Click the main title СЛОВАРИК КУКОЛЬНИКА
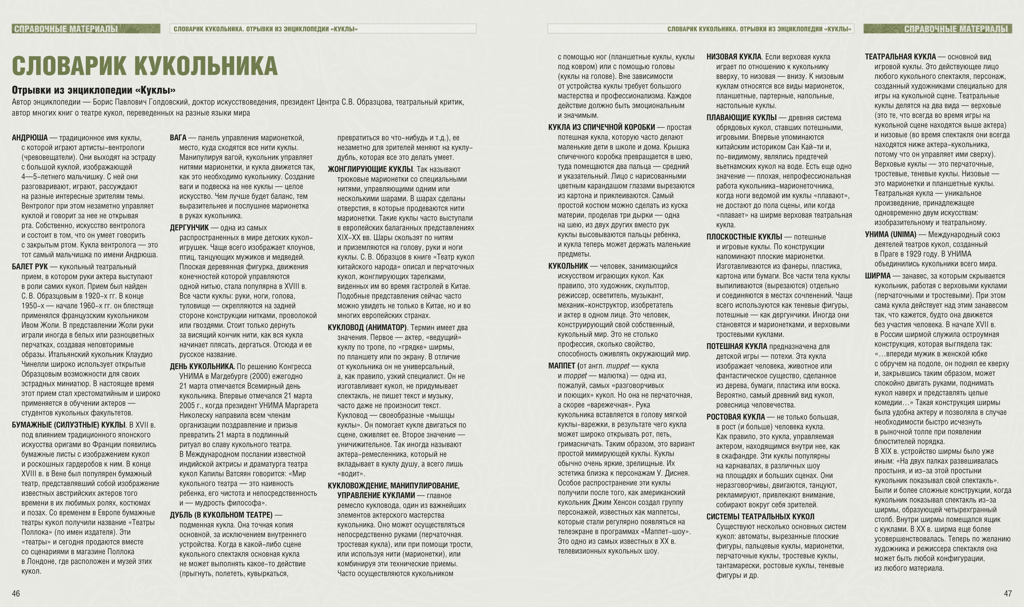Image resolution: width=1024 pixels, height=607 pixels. coord(145,65)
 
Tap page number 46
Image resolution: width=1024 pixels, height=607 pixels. coord(16,593)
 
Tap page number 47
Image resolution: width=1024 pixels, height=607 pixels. coord(1008,593)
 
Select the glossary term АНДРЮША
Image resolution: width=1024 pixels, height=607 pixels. coord(30,138)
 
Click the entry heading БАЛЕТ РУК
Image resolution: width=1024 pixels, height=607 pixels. coord(30,267)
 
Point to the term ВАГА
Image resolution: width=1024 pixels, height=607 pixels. coord(178,138)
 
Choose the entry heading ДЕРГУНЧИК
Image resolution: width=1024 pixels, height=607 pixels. coord(189,228)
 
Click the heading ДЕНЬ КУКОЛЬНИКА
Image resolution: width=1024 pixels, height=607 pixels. coord(202,366)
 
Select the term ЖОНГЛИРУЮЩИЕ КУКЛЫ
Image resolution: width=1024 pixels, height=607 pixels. coord(370,169)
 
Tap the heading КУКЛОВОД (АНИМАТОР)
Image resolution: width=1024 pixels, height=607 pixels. coord(367,328)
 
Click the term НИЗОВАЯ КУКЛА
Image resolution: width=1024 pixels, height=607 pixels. coord(734,57)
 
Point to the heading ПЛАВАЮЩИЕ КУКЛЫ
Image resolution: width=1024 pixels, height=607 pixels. coord(741,118)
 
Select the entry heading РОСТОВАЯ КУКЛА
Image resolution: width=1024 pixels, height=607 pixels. coord(735,417)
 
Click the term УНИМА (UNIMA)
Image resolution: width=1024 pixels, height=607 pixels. coord(890,234)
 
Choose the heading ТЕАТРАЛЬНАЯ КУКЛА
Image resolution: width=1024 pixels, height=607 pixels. coord(900,57)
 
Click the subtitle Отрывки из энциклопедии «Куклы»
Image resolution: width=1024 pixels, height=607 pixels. coord(94,90)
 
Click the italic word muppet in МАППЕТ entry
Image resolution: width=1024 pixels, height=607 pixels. coord(618,366)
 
